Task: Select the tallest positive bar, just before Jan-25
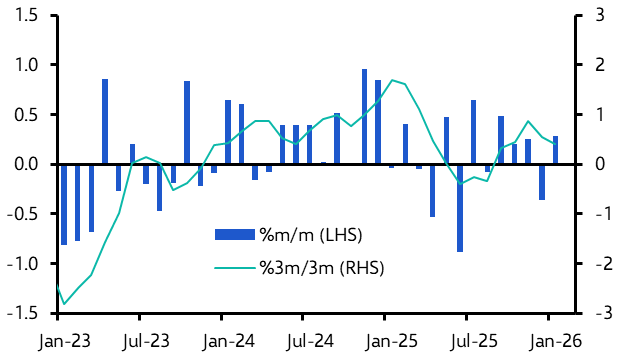click(x=364, y=116)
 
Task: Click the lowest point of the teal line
click(x=64, y=303)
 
